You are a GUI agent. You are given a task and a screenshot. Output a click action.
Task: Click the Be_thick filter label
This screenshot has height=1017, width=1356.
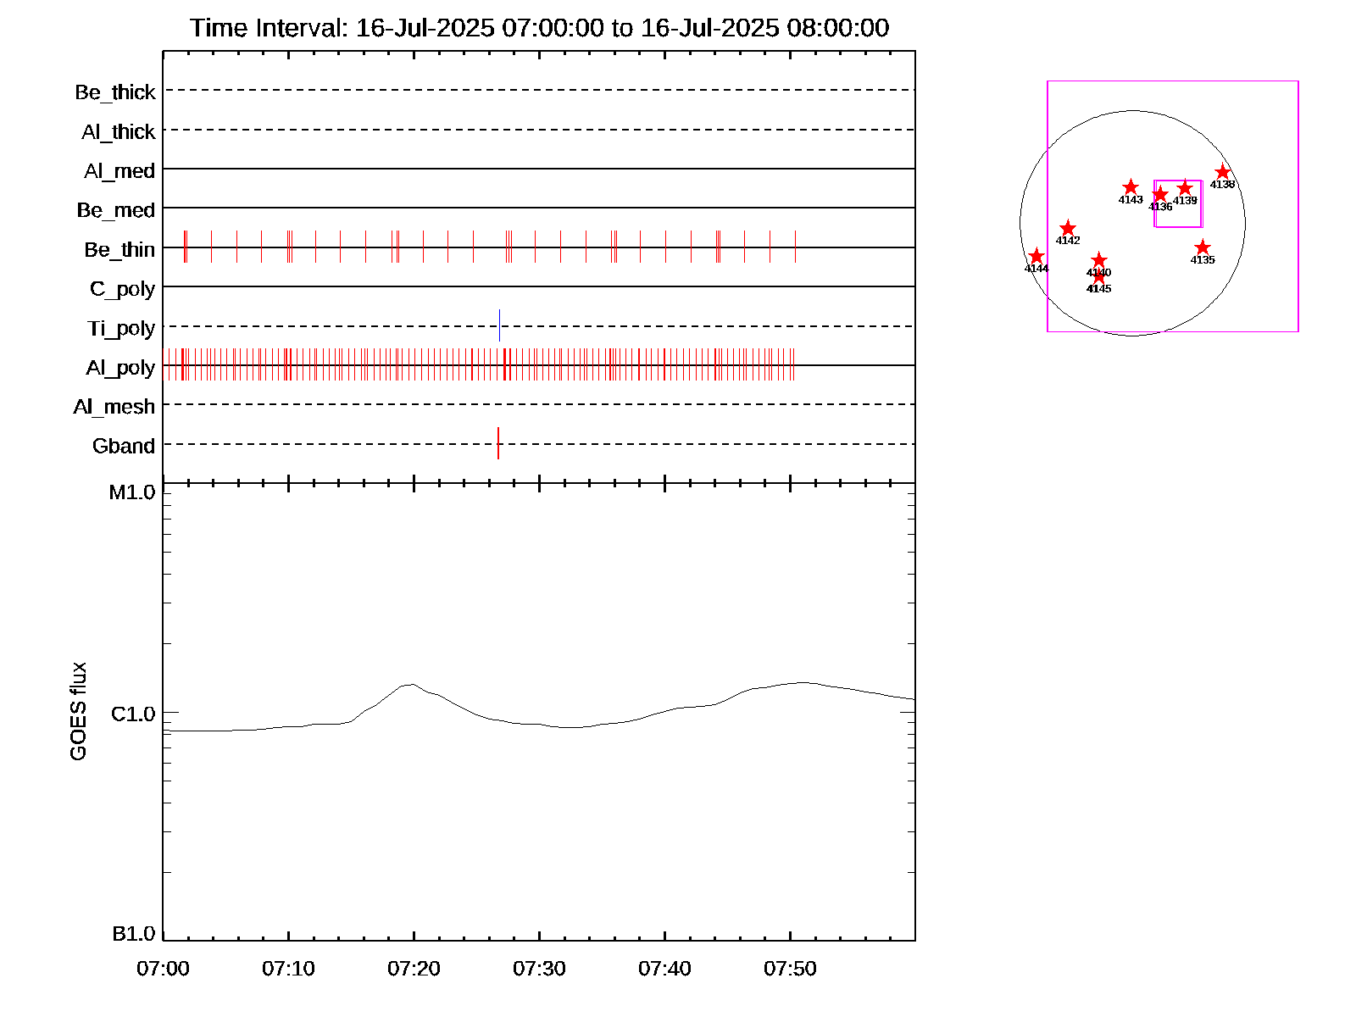[115, 92]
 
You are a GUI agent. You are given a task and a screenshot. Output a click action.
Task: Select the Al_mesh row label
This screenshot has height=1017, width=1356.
[114, 407]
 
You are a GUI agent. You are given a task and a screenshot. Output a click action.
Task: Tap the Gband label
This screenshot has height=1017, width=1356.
[124, 446]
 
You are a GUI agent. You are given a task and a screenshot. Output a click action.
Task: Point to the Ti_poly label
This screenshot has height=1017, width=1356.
[121, 328]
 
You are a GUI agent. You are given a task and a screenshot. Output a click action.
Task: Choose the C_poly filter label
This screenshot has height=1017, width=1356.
[123, 289]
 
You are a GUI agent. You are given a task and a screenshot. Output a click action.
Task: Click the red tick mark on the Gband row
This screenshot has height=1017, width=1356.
[498, 443]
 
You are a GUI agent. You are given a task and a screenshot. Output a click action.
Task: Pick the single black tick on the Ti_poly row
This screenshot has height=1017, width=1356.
[500, 325]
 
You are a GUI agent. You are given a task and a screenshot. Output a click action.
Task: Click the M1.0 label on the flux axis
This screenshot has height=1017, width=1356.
[132, 492]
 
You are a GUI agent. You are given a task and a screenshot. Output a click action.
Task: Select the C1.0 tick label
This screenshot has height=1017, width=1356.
[133, 714]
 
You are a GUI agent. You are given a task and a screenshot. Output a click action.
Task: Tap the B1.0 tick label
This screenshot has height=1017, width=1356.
[134, 934]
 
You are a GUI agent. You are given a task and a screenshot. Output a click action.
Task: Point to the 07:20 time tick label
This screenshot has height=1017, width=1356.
[414, 969]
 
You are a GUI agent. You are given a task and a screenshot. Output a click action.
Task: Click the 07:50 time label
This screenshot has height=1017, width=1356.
[790, 969]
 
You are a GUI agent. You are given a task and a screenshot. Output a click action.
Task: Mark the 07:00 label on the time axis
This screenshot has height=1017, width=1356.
[163, 969]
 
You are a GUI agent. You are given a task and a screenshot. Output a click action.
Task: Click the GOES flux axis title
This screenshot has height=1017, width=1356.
[78, 711]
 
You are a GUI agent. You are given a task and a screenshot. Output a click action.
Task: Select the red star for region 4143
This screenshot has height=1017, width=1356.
[1131, 187]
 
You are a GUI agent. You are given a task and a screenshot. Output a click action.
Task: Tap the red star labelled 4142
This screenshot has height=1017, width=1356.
[1068, 228]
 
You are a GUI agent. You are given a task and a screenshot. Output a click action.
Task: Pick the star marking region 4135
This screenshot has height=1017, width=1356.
[1203, 247]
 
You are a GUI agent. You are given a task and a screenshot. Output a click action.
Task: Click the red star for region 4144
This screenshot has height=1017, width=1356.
[1036, 256]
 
